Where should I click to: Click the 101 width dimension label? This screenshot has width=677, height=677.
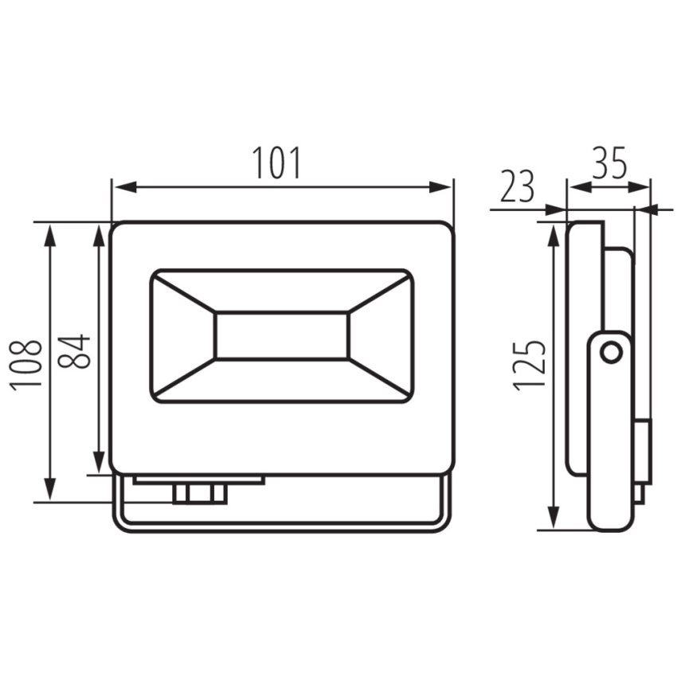(x=276, y=162)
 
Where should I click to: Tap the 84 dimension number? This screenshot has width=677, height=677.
(x=74, y=351)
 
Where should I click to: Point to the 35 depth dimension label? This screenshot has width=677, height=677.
(x=609, y=162)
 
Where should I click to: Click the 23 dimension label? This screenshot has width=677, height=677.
(x=517, y=186)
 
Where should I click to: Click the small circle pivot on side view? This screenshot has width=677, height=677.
(x=611, y=353)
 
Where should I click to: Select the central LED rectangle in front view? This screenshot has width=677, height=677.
(x=282, y=335)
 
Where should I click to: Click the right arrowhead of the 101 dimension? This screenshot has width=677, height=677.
(x=440, y=187)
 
